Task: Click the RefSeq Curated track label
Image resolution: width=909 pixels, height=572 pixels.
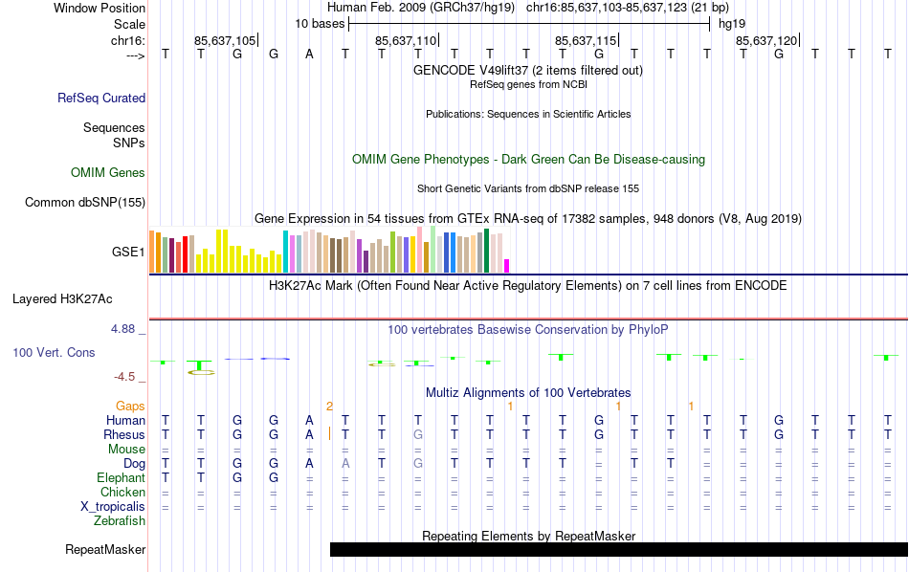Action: click(x=101, y=98)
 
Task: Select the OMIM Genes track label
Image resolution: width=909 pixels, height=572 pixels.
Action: click(x=108, y=173)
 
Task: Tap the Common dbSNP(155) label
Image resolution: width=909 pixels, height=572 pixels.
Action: click(x=85, y=202)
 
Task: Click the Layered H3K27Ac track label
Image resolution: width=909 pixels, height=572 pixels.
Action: click(x=78, y=298)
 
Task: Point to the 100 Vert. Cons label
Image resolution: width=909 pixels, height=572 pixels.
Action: click(x=54, y=353)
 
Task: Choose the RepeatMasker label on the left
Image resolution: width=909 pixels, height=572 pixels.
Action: click(x=105, y=550)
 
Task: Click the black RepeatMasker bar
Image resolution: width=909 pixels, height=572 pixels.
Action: click(x=618, y=549)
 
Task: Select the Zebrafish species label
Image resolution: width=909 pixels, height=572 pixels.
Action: click(x=120, y=521)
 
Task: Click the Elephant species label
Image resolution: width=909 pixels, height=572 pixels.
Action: click(x=121, y=477)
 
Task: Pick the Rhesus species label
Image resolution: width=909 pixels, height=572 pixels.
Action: click(x=124, y=434)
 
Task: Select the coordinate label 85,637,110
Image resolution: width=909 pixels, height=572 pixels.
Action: click(x=406, y=41)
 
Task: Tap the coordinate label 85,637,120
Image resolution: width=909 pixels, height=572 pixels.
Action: click(x=765, y=41)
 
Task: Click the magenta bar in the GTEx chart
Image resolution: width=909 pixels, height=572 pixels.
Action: click(x=507, y=266)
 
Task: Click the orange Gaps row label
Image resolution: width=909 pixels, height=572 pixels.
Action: click(x=131, y=407)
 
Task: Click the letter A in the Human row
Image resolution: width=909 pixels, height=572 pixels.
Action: click(x=309, y=420)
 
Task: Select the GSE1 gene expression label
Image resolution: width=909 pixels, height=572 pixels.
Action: click(x=128, y=253)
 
